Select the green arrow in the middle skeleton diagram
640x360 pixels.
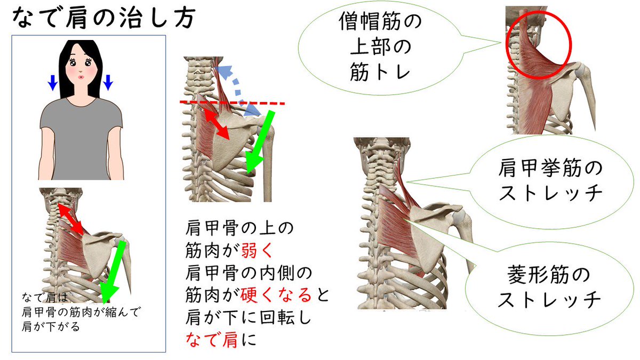[x=261, y=141]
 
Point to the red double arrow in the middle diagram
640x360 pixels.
[x=216, y=122]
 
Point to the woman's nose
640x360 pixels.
[x=81, y=71]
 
